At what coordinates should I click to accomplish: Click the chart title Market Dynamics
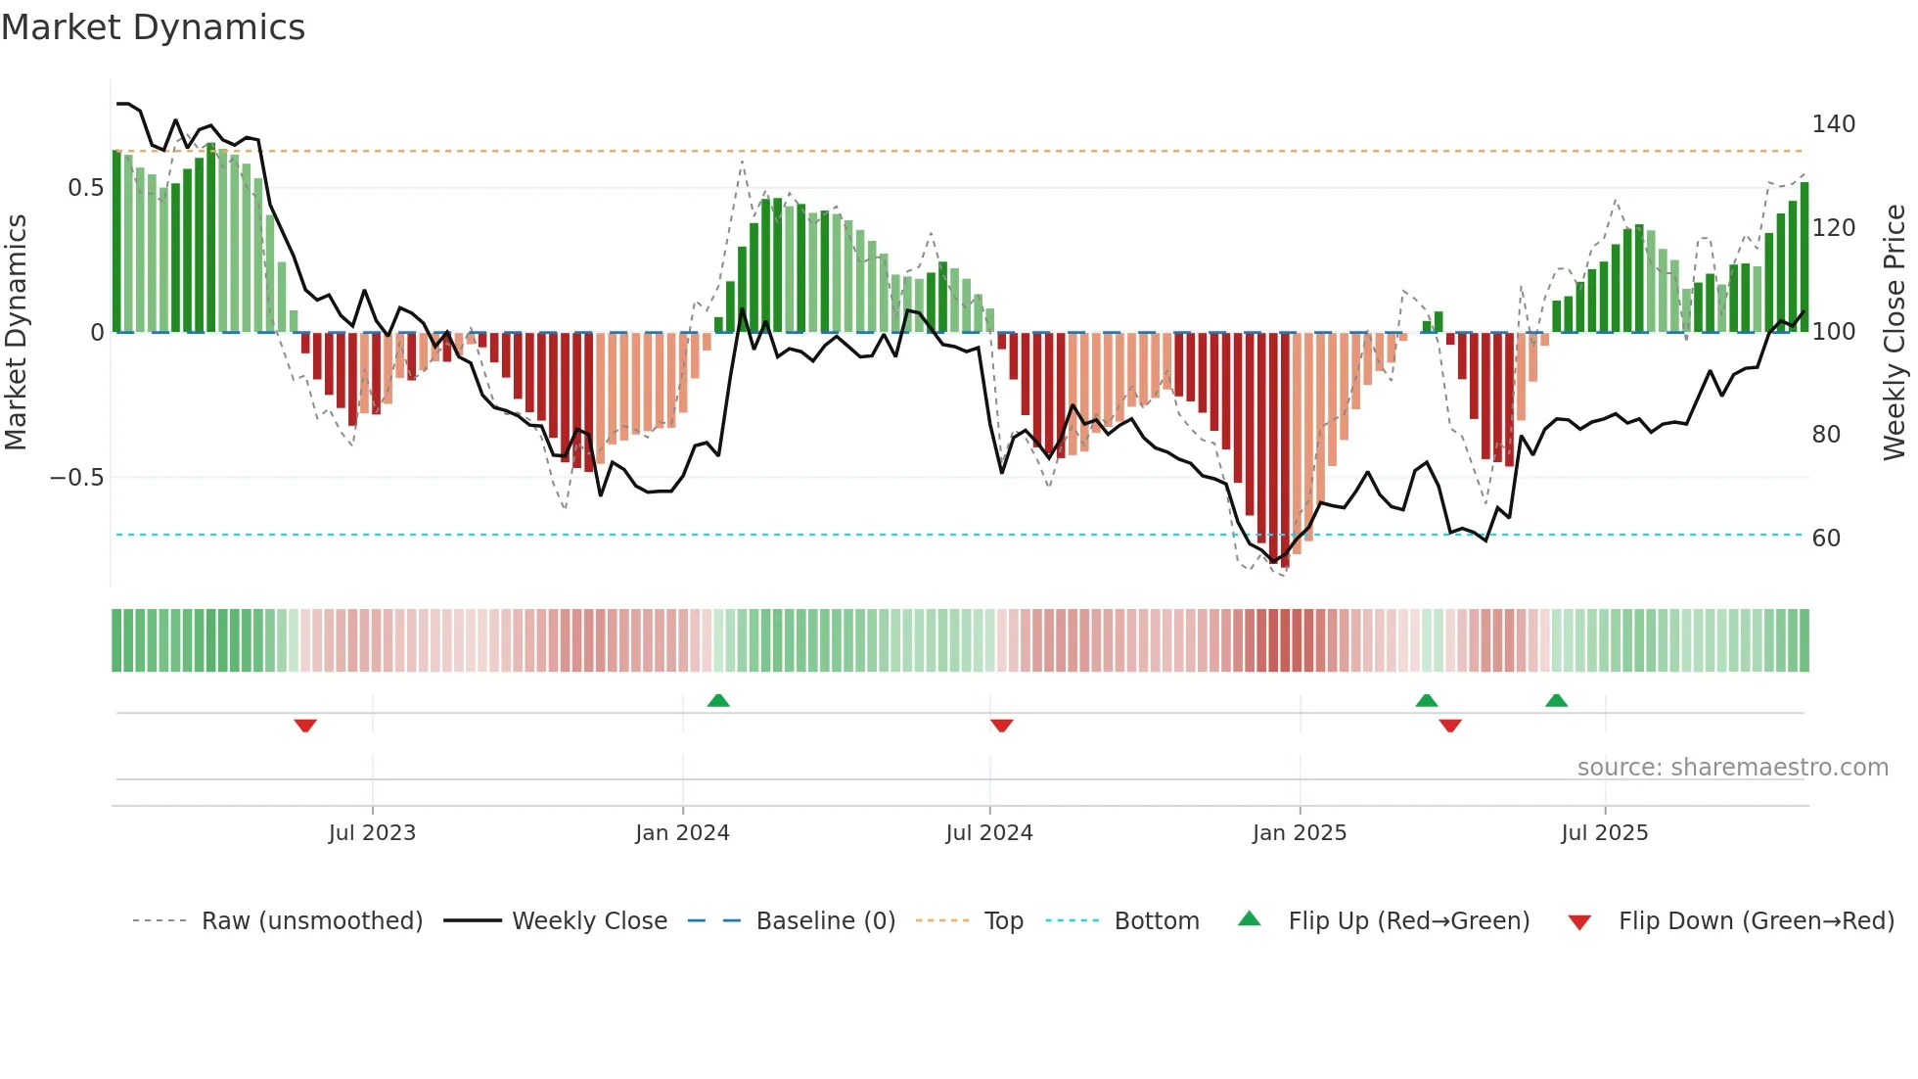[x=153, y=27]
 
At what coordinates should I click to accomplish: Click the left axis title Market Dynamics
[x=16, y=333]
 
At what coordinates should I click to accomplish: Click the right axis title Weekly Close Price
[x=1895, y=333]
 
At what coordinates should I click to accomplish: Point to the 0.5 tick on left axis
[x=85, y=188]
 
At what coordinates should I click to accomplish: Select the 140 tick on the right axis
[x=1833, y=124]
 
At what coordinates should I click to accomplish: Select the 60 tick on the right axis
[x=1826, y=539]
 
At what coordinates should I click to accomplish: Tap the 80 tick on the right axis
[x=1826, y=435]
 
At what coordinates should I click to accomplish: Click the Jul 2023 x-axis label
[x=372, y=833]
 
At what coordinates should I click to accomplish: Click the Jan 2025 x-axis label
[x=1299, y=833]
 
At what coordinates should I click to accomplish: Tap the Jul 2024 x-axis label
[x=988, y=833]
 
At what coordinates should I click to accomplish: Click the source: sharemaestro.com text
[x=1732, y=768]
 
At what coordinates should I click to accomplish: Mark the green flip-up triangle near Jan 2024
[x=718, y=700]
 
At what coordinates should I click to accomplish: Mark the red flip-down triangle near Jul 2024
[x=1001, y=726]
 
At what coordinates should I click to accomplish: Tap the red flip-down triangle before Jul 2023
[x=305, y=726]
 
